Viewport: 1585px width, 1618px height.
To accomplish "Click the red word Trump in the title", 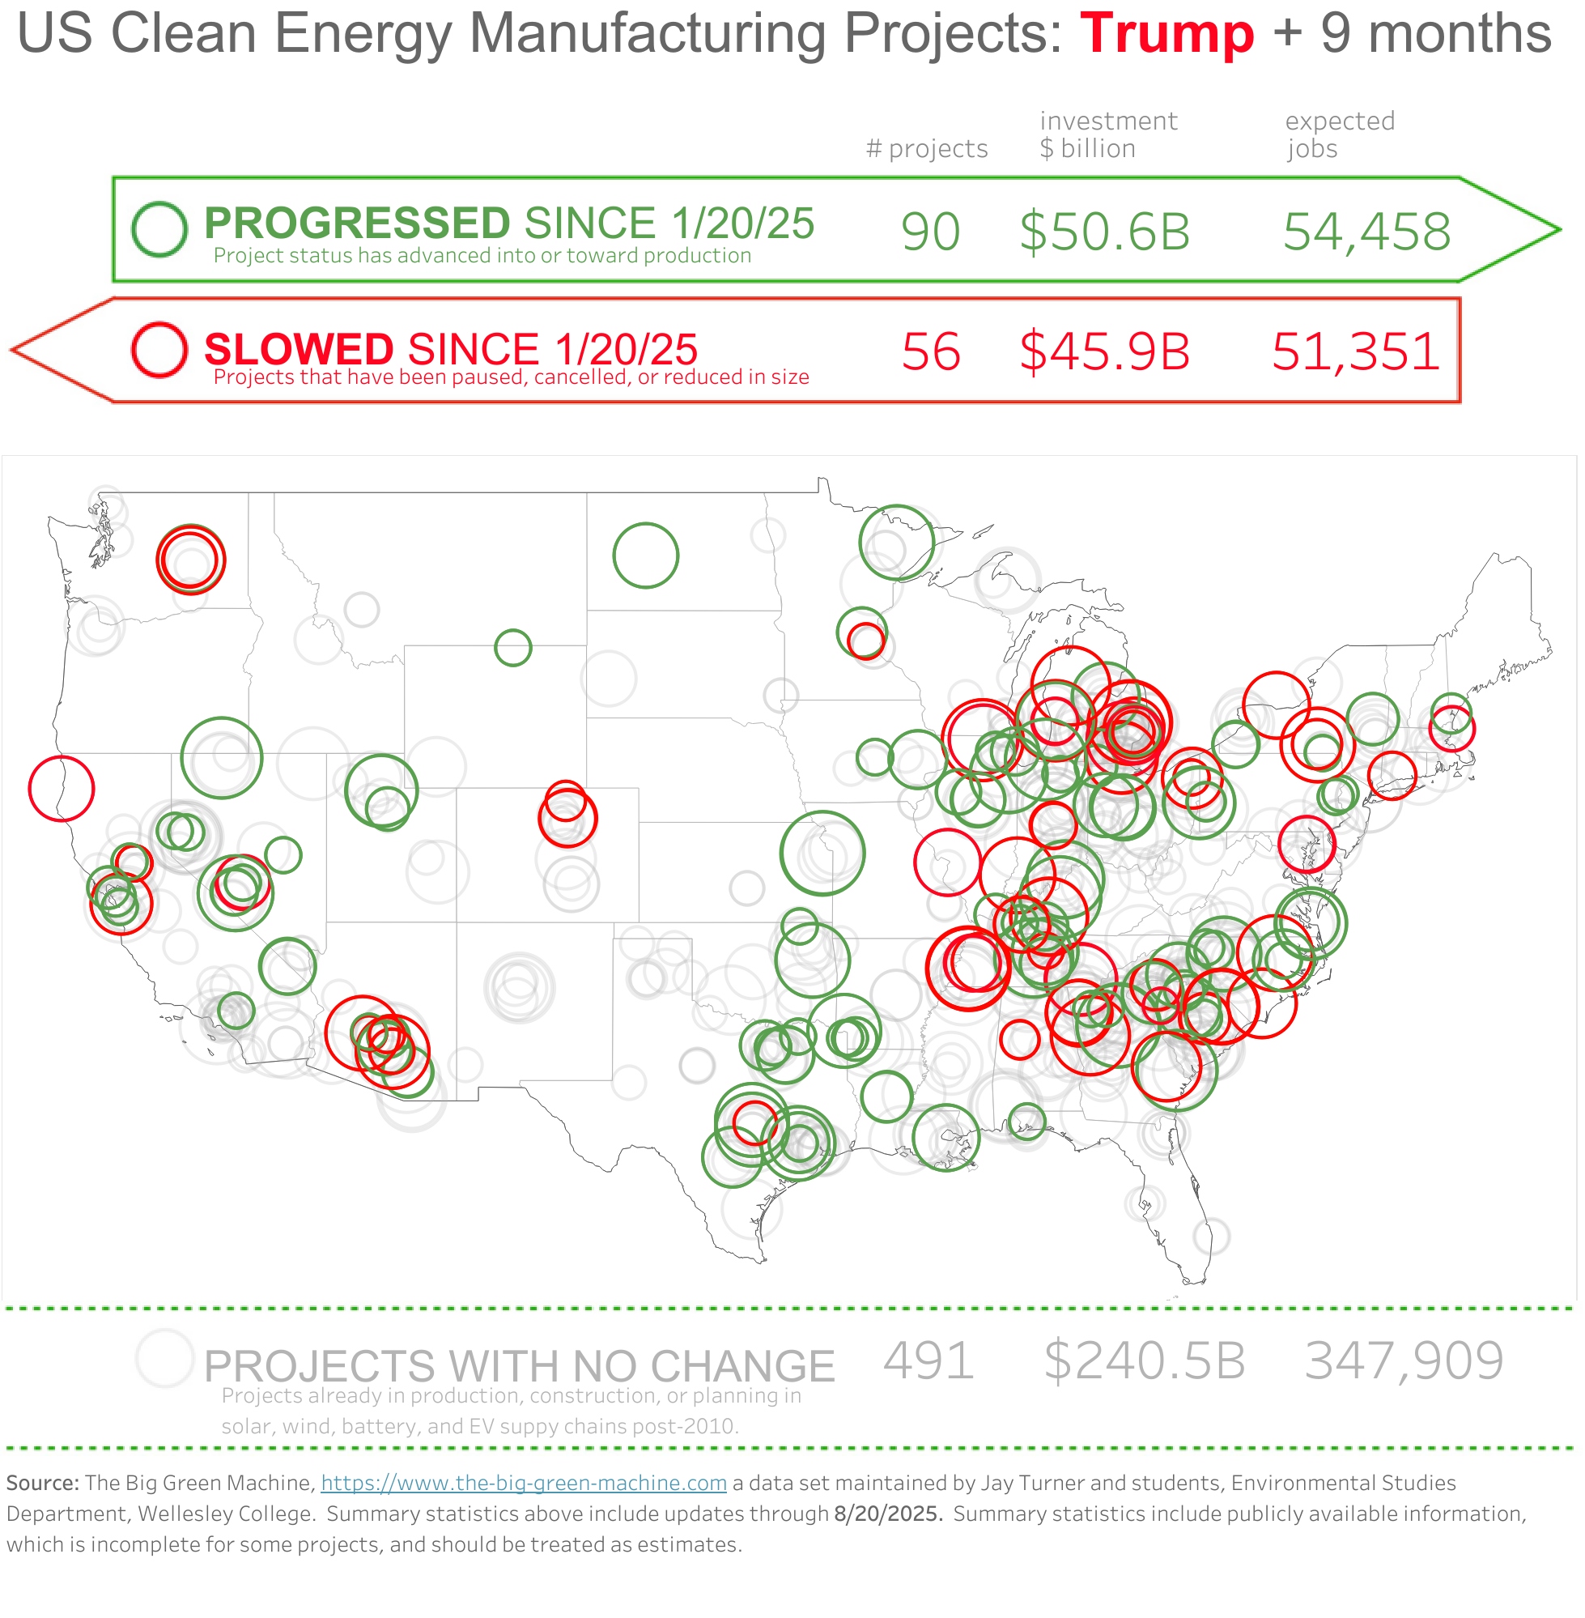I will point(1166,34).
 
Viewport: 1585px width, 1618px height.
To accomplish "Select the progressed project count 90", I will point(931,232).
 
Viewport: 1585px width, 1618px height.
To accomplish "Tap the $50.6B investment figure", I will point(1105,232).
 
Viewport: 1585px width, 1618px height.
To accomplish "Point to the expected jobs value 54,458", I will point(1367,232).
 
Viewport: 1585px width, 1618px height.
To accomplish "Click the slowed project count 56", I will point(931,351).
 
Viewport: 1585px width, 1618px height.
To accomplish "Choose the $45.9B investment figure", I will point(1105,351).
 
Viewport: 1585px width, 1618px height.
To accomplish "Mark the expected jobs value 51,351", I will point(1355,351).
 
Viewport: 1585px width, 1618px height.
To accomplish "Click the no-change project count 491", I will point(928,1360).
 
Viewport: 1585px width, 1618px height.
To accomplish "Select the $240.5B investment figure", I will point(1145,1360).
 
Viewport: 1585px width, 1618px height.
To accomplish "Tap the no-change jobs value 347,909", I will point(1404,1360).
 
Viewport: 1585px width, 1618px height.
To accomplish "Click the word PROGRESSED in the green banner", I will point(357,224).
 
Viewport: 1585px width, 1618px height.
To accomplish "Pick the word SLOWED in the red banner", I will point(299,349).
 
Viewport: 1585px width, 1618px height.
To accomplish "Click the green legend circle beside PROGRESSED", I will point(159,229).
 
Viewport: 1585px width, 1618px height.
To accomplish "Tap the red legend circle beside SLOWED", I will point(159,350).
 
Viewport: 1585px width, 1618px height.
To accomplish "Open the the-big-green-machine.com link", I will point(524,1483).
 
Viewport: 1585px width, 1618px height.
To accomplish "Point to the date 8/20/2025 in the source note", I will point(887,1513).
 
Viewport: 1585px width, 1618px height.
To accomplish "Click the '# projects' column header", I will point(927,148).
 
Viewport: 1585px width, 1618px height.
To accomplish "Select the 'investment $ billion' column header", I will point(1108,135).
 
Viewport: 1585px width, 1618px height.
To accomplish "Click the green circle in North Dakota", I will point(646,556).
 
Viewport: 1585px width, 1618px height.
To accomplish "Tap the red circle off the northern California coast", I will point(62,789).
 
